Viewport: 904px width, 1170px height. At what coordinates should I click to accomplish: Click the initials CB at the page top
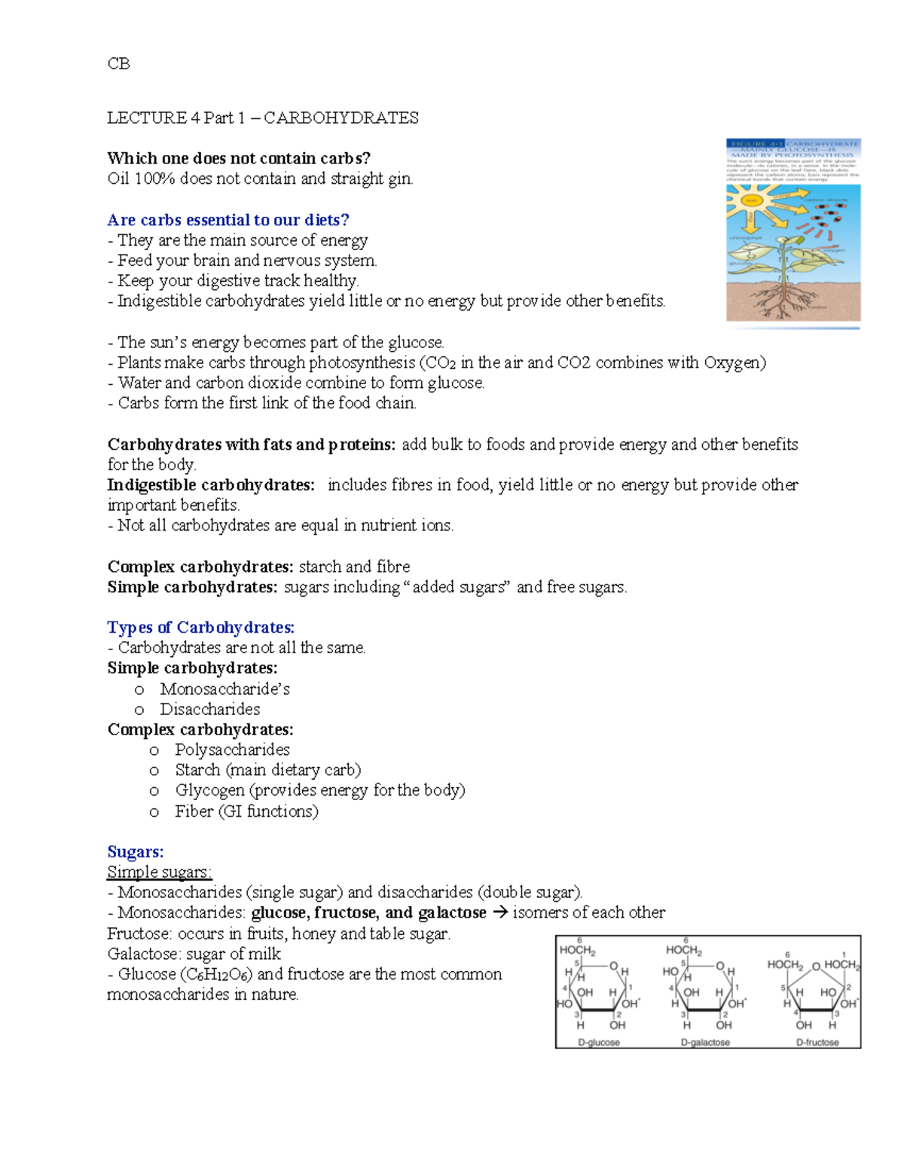pos(118,64)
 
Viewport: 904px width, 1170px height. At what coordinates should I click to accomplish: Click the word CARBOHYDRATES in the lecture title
pos(341,118)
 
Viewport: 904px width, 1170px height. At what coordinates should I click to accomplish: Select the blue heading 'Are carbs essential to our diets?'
pos(228,220)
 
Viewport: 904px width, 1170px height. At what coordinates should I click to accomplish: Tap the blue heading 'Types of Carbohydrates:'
pos(200,628)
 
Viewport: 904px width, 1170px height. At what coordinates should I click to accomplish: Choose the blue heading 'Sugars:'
pos(136,852)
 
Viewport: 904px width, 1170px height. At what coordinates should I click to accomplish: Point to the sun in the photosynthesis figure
pos(751,200)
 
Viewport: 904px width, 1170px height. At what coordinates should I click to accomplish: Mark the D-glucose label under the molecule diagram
pos(599,1043)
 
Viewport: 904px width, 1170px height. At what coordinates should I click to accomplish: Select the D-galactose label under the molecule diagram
pos(705,1043)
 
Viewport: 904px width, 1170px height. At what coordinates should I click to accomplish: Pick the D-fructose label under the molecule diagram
pos(817,1043)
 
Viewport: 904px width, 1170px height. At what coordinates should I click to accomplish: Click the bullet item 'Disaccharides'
pos(209,710)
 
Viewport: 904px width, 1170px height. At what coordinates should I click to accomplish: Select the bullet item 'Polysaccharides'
pos(232,750)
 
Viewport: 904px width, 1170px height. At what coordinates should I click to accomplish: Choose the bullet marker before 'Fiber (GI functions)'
pos(154,812)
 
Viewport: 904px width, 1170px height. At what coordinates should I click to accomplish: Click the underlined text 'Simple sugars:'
pos(160,872)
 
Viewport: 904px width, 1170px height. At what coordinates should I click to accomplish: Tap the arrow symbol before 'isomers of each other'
pos(499,913)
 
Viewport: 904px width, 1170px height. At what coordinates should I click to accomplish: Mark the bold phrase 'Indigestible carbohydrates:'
pos(211,485)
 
